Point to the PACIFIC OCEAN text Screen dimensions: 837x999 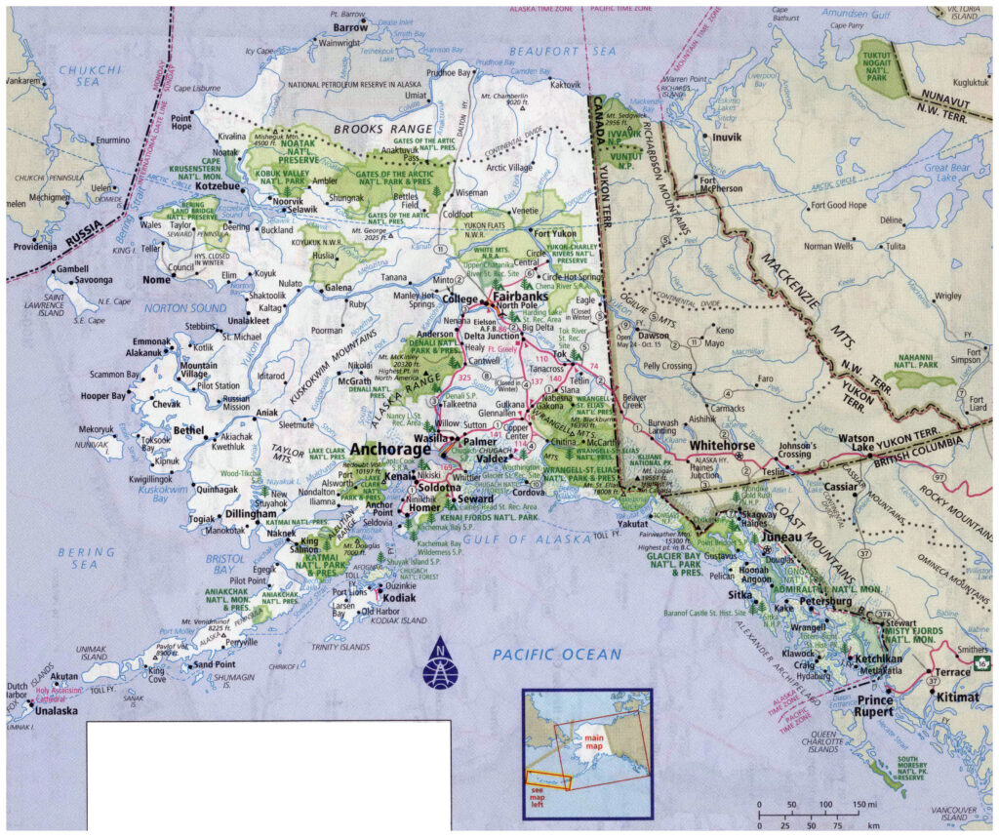click(556, 655)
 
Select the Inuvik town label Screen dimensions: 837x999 click(728, 138)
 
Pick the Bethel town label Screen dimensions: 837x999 click(188, 429)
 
